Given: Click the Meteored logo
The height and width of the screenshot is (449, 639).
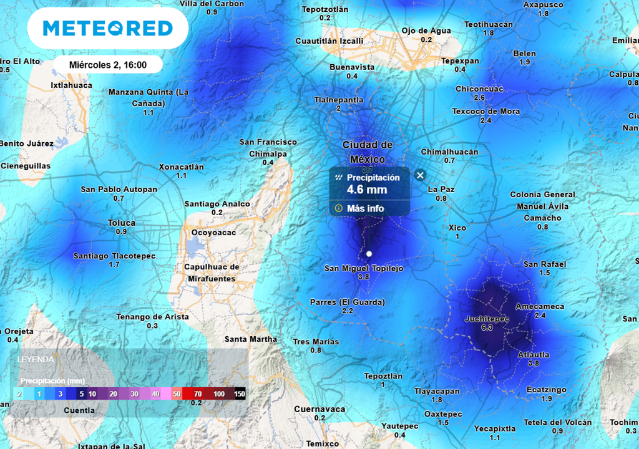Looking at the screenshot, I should point(107,29).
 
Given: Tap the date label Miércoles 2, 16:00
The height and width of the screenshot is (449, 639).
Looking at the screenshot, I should point(108,65).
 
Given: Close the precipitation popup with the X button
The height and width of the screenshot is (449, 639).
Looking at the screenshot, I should point(421,176).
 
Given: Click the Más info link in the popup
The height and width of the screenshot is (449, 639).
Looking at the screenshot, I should point(365,208).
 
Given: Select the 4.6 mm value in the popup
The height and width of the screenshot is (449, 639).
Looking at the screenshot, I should point(367,190).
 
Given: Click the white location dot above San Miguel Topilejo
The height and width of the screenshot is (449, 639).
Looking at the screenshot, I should point(369,254).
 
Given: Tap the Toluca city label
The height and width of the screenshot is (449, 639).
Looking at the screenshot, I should point(121,223).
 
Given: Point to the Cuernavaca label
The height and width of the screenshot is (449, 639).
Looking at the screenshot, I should point(319,409).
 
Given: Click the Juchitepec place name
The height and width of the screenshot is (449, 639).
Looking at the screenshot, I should point(487,319).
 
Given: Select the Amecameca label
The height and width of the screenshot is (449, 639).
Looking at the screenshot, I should point(540,306).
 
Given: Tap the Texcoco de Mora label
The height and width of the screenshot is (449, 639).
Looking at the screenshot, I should point(485,112).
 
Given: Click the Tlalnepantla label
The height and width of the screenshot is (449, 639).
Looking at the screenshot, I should point(339,100).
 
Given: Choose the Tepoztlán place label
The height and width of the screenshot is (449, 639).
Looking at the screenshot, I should point(383,376).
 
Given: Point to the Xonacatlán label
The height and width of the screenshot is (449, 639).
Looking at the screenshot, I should point(181,167).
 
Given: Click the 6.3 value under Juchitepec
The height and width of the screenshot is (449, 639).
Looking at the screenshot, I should point(487,327).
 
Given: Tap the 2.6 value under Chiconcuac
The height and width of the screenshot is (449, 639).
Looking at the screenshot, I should point(479,98).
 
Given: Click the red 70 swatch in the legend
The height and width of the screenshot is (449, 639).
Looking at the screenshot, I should point(198,394).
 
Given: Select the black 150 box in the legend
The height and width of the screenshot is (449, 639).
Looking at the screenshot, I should point(240,394).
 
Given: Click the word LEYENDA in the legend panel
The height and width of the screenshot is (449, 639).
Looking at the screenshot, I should point(36,360).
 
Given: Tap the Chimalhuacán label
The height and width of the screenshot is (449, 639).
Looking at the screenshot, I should point(449,152).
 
